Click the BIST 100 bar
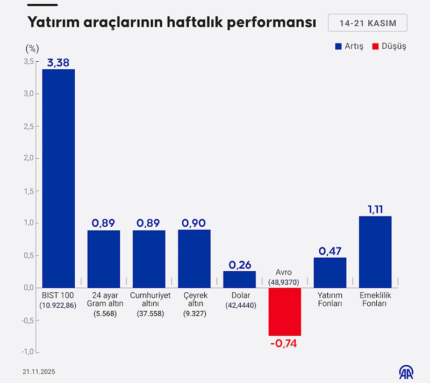[59, 178]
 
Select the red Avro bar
[284, 312]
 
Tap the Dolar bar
[239, 279]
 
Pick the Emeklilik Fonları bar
[375, 252]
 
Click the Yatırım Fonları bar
[329, 272]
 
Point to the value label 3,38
[59, 62]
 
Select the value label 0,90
[194, 223]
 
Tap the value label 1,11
[375, 209]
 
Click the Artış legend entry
[349, 46]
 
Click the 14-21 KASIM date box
[367, 23]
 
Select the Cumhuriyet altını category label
[150, 300]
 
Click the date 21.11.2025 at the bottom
[39, 372]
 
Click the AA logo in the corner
[406, 371]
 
